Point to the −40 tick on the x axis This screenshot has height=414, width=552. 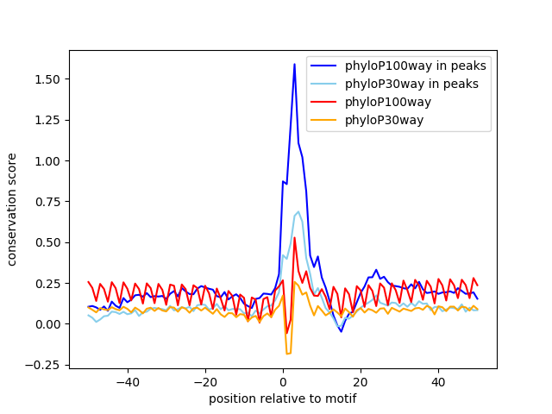point(128,382)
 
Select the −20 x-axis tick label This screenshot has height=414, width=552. point(205,382)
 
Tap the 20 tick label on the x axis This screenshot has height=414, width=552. point(361,382)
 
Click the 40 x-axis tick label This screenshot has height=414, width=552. point(438,382)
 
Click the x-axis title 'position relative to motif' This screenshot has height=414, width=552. point(283,398)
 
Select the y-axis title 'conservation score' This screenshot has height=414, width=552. point(13,210)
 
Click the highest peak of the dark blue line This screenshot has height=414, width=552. point(294,64)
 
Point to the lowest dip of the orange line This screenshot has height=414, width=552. point(288,354)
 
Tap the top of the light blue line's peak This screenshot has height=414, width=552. point(298,211)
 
